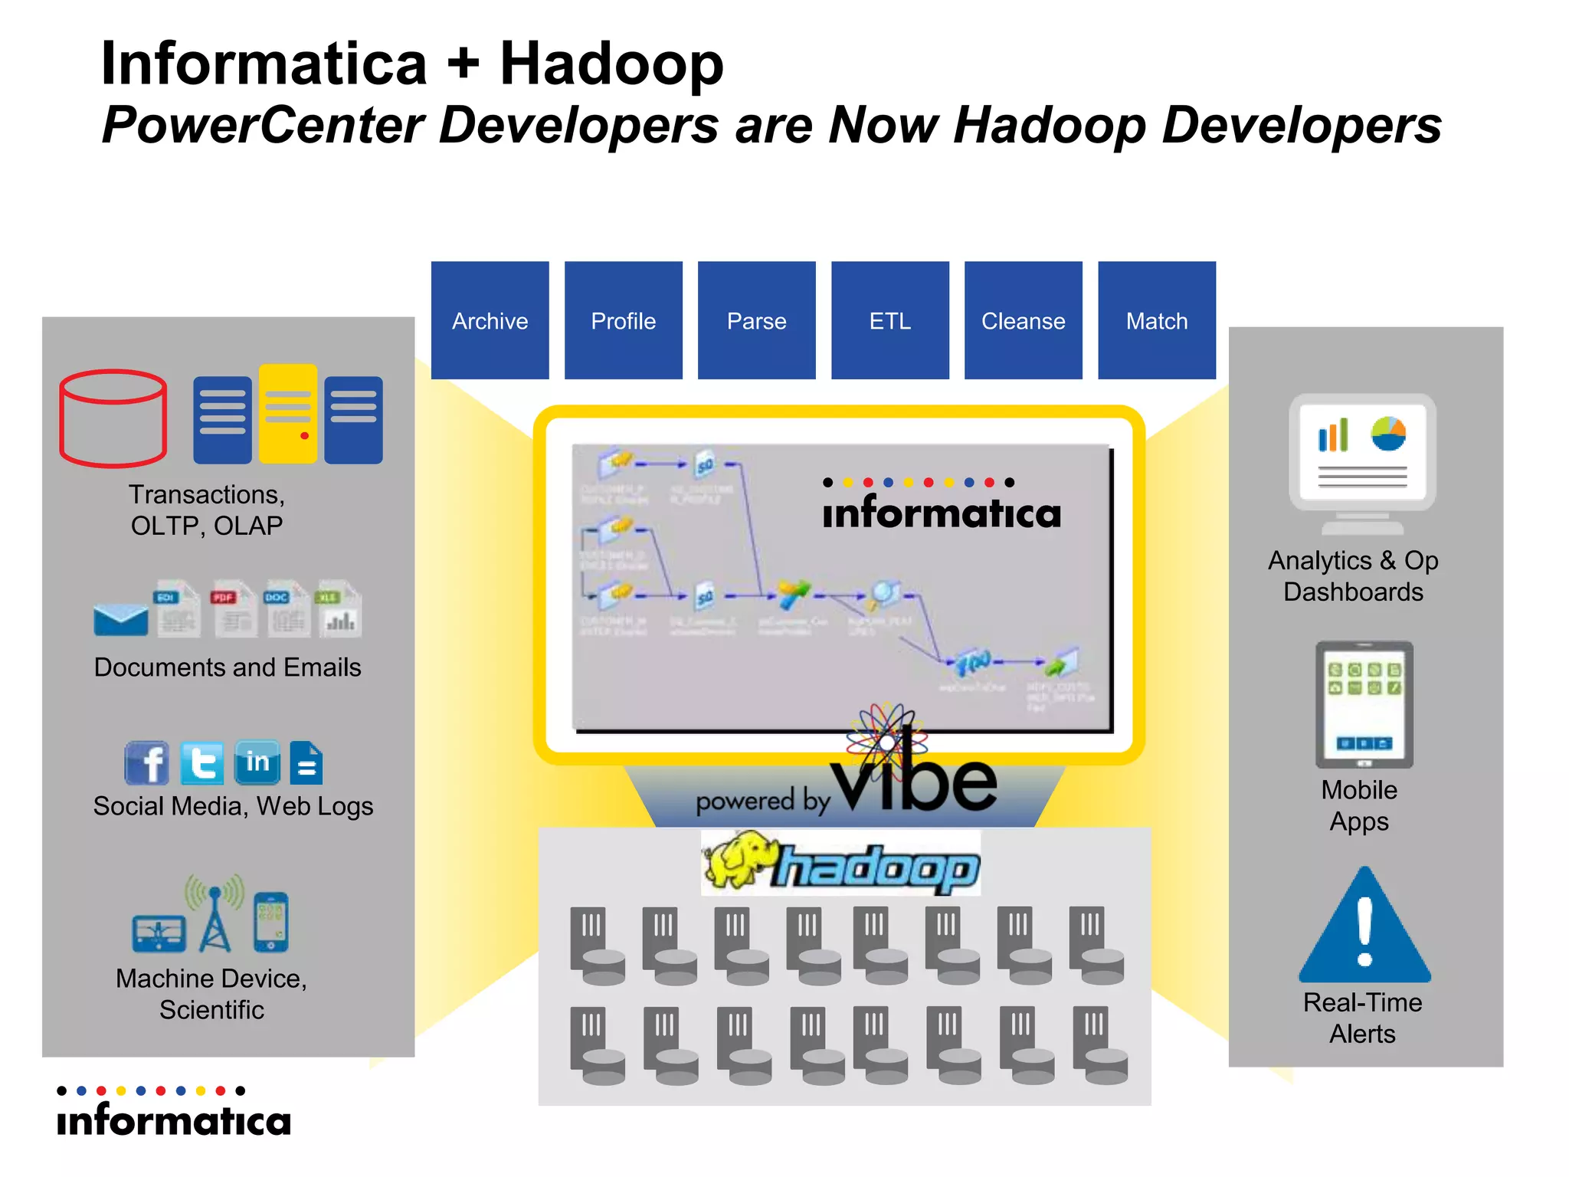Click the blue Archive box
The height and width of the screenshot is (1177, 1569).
pos(490,320)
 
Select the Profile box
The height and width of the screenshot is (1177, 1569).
pos(623,320)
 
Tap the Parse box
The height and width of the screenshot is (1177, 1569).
pos(756,320)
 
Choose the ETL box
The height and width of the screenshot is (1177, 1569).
pos(889,320)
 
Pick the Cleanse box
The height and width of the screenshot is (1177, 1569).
pos(1023,320)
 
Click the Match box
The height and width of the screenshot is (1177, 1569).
pos(1156,320)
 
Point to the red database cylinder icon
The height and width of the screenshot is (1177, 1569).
pos(113,418)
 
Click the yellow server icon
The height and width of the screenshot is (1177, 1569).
pos(288,414)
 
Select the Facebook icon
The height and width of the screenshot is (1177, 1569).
pos(146,763)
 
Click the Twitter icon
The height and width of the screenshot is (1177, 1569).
pos(202,763)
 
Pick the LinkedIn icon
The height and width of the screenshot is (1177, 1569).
pos(257,762)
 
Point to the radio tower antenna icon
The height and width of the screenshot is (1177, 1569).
pos(215,916)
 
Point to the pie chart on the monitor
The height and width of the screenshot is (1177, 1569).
pos(1388,434)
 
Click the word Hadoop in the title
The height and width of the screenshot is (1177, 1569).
pos(611,64)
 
